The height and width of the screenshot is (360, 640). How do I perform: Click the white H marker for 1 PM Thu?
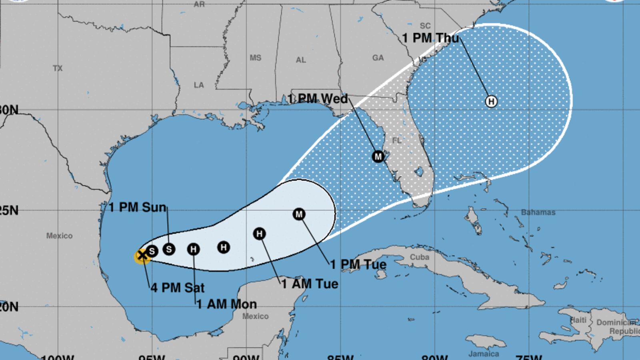pos(491,101)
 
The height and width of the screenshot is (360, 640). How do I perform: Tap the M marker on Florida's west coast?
pos(378,156)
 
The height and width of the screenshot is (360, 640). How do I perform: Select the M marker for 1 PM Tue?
pos(299,214)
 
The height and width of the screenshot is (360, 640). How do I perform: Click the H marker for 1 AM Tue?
pos(260,234)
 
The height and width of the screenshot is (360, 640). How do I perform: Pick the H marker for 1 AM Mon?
pos(194,250)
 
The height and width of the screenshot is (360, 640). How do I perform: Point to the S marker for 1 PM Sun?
pos(169,249)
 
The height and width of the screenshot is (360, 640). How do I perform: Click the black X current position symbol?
pos(142,255)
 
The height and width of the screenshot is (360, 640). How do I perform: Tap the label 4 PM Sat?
pos(178,288)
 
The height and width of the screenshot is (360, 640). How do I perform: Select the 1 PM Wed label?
pos(318,98)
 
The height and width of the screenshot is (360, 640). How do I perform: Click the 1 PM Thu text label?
pos(430,38)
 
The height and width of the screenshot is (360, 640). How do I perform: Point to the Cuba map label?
pos(419,257)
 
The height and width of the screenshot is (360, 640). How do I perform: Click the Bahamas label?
pos(538,212)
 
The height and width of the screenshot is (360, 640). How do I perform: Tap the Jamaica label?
pos(484,354)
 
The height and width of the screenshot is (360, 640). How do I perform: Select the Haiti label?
pos(578,320)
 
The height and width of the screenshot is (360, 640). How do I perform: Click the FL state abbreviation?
pos(397,141)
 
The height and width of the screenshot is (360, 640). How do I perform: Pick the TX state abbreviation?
pos(58,68)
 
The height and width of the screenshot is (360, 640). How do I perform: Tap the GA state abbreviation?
pos(378,58)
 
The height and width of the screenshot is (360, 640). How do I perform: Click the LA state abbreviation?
pos(199,85)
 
